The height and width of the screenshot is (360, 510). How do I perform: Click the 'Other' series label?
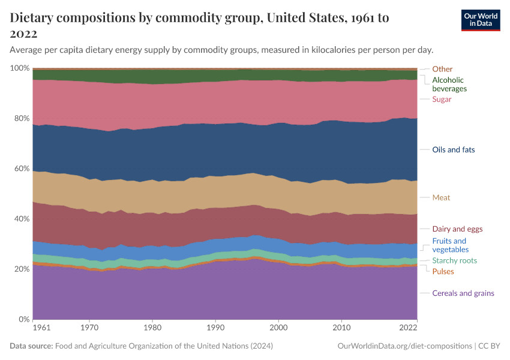click(442, 69)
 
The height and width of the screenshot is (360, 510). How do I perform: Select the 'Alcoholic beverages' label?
click(449, 84)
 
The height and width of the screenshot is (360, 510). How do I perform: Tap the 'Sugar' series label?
click(442, 99)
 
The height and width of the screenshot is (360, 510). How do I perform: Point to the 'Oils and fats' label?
click(453, 149)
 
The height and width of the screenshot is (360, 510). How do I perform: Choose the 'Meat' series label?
click(441, 197)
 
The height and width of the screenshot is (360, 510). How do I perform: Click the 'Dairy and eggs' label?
click(457, 229)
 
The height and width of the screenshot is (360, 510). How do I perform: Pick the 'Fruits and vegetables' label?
click(450, 245)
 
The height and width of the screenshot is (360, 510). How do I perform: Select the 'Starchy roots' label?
click(454, 260)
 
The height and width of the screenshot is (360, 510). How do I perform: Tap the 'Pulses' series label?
click(443, 272)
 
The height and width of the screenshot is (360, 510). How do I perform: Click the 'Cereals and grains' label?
click(463, 293)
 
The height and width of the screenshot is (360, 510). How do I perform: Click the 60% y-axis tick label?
click(21, 169)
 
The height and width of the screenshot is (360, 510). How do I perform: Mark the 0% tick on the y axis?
click(23, 319)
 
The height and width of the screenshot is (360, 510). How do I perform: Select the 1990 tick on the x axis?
click(215, 328)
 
